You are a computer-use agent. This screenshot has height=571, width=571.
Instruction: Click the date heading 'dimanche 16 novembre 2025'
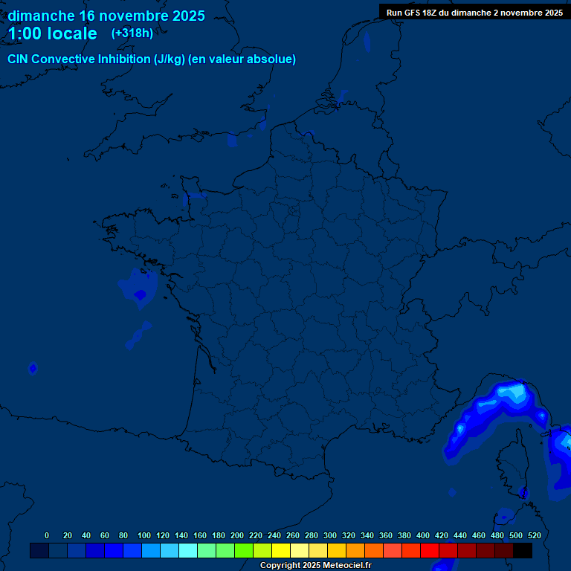106,16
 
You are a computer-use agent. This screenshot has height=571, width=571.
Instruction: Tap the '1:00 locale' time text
52,33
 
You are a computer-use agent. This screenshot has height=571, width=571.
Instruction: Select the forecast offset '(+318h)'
132,33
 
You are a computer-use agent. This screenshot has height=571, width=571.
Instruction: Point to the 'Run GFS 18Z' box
474,12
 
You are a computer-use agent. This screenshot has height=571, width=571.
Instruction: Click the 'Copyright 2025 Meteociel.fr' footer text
315,566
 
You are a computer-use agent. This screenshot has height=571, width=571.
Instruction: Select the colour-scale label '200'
237,535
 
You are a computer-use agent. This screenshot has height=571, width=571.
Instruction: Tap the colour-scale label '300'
330,535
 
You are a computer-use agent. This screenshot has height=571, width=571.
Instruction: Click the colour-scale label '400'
423,535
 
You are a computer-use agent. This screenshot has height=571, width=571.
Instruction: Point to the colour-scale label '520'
534,535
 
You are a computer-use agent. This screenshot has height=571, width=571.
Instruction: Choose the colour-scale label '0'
47,535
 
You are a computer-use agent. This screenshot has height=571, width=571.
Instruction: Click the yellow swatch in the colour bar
281,551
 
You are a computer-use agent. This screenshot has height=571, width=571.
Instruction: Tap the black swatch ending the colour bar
523,551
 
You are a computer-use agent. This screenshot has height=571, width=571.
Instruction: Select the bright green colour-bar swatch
244,551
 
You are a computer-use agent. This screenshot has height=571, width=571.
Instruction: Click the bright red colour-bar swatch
430,551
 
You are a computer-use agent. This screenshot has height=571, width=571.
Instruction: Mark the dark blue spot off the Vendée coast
140,294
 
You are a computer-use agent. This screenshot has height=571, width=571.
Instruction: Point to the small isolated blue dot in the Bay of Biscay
33,367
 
